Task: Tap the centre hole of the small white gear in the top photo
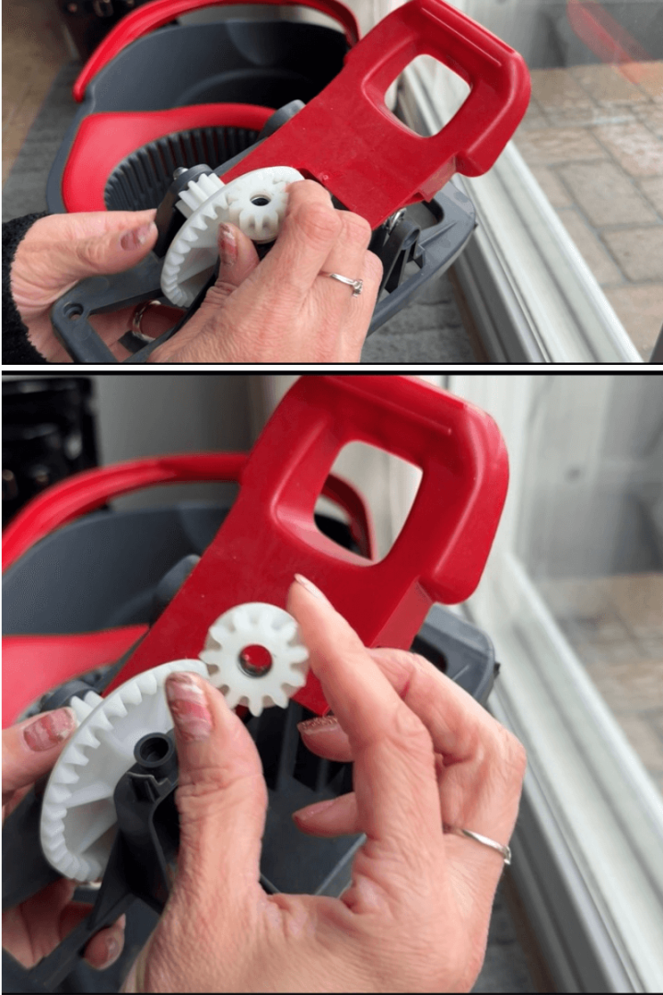click(x=261, y=199)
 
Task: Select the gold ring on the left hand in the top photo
click(x=137, y=320)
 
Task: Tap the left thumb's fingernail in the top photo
click(x=139, y=235)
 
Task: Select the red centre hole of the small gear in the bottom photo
click(x=255, y=660)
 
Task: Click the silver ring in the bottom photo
click(x=487, y=843)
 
